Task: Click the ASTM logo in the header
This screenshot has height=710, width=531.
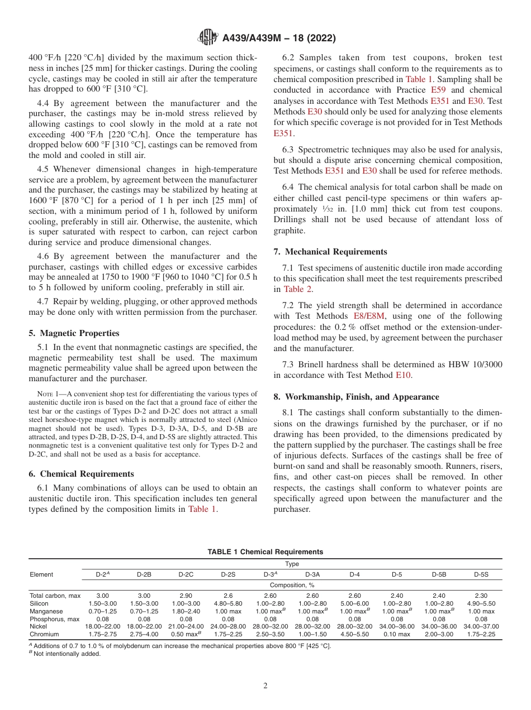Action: coord(208,38)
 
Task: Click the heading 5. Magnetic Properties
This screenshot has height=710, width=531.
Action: coord(74,333)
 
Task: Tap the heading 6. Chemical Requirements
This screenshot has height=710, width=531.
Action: coord(81,474)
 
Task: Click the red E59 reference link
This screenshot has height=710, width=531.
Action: coord(439,90)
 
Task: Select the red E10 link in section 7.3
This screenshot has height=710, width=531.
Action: coord(403,376)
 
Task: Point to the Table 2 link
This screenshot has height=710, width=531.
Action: coord(298,289)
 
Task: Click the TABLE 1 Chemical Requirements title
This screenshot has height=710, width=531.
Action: coord(265,552)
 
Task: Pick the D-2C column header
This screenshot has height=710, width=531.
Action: coord(186,574)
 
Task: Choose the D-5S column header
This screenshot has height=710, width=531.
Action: coord(481,574)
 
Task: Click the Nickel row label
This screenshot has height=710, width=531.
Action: coord(39,627)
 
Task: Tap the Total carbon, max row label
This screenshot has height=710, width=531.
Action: coord(55,596)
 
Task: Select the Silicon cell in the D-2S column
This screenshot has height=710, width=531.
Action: coord(228,603)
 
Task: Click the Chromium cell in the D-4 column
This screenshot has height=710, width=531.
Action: coord(355,635)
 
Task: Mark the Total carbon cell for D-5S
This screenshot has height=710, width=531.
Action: coord(481,596)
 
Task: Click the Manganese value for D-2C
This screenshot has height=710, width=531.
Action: coord(186,611)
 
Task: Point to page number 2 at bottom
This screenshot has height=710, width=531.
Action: coord(265,686)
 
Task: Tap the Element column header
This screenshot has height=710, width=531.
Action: coord(41,574)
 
